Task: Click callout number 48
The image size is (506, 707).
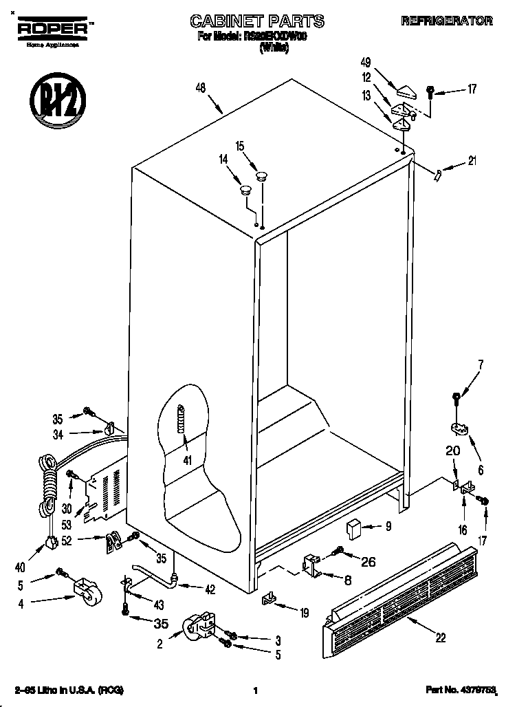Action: click(x=201, y=88)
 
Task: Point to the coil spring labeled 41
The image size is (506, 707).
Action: click(x=181, y=417)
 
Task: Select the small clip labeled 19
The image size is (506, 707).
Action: click(x=268, y=600)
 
